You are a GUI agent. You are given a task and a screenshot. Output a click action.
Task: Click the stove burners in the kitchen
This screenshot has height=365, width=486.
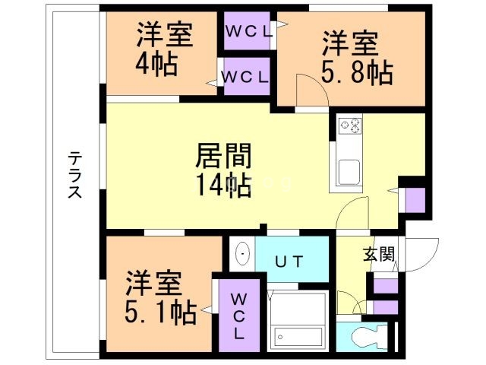(x=350, y=125)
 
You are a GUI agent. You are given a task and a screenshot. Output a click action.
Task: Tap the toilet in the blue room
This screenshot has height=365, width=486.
(x=367, y=336)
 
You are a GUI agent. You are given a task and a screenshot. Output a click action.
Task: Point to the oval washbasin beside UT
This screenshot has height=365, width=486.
(x=241, y=254)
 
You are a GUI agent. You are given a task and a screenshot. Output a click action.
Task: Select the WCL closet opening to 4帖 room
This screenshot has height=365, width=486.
(x=245, y=77)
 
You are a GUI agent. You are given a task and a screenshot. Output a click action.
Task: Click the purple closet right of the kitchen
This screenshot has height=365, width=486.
(x=414, y=200)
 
